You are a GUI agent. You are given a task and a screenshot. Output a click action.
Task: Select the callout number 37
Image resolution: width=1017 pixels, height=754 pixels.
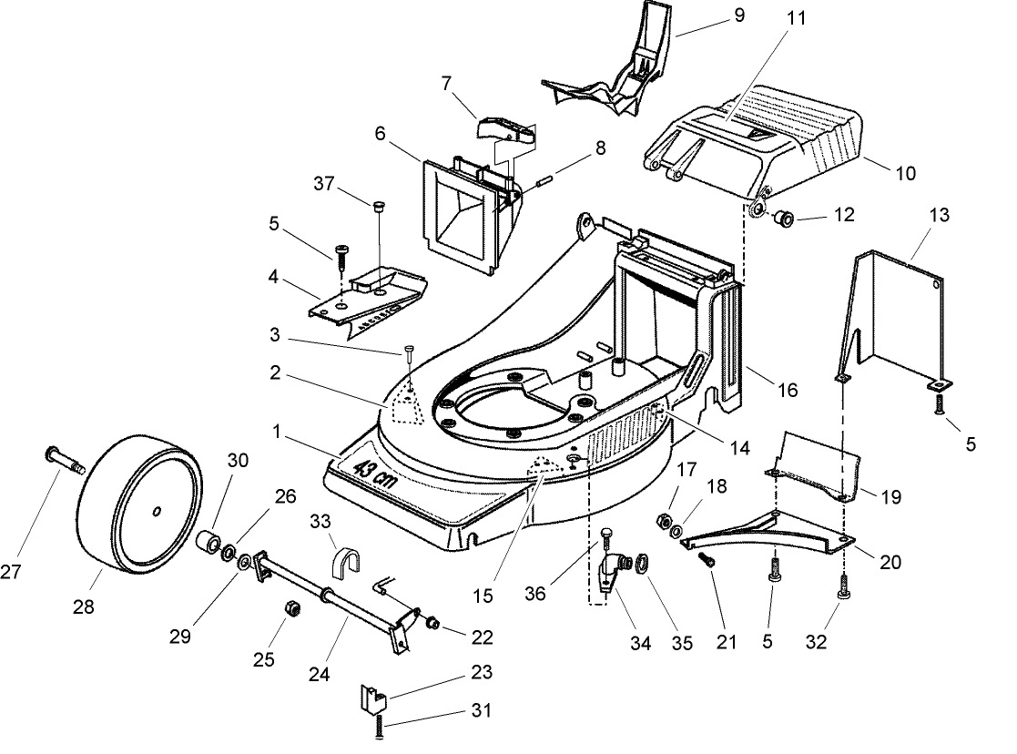coord(323,184)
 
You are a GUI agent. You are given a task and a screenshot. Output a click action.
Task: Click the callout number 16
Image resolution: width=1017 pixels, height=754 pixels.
coord(787,390)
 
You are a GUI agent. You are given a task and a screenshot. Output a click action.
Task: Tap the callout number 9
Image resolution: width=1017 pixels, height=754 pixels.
coord(739,15)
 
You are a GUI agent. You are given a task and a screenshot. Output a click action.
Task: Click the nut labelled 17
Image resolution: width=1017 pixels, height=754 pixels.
coord(664,520)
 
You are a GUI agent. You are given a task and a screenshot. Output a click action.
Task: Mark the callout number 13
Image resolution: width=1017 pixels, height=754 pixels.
coord(939,215)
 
